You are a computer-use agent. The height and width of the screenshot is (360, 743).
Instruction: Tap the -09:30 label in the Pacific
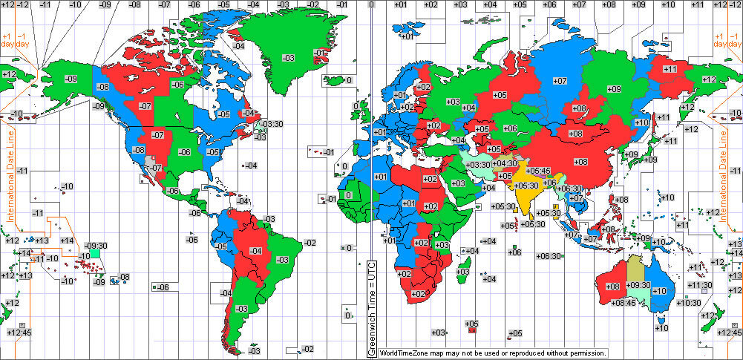96,246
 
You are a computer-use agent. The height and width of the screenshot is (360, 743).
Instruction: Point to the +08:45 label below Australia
623,302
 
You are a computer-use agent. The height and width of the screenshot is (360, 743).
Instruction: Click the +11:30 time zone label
699,285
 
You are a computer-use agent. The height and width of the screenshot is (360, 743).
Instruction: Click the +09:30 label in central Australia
638,284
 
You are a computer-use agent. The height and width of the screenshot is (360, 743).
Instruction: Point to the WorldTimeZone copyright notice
493,353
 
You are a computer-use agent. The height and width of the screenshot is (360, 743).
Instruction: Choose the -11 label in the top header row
46,5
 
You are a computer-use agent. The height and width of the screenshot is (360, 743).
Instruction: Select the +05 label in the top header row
520,5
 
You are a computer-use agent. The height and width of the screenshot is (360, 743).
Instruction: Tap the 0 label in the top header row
370,5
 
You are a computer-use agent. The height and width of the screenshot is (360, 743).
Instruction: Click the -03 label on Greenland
289,58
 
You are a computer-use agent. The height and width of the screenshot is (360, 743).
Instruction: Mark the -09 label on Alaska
71,79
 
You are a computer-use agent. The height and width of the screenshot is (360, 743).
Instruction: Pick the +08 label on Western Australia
612,287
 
